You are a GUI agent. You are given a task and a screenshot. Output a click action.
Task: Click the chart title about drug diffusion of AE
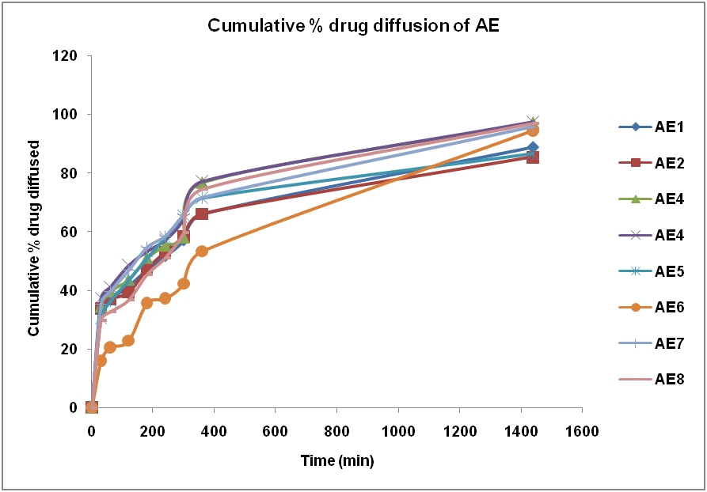[x=353, y=25]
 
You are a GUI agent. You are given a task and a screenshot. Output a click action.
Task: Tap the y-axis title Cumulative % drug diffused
[x=34, y=238]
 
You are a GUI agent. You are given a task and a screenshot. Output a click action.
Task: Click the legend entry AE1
[x=652, y=127]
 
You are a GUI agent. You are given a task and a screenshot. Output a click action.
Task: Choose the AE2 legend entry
[x=652, y=163]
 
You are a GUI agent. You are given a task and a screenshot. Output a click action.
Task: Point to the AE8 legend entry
[x=652, y=380]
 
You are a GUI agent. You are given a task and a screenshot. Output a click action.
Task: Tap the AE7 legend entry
[x=652, y=343]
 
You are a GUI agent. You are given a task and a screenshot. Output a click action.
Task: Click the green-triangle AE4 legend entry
[x=652, y=199]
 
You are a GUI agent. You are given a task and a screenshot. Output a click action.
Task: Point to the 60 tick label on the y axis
[x=70, y=232]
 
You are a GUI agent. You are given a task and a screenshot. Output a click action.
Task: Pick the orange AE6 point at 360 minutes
[x=202, y=251]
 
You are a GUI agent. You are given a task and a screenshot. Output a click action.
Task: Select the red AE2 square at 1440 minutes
[x=533, y=157]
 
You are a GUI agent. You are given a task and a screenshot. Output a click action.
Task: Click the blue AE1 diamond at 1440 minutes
[x=533, y=147]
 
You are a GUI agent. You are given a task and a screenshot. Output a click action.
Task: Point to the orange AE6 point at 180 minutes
[x=146, y=302]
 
